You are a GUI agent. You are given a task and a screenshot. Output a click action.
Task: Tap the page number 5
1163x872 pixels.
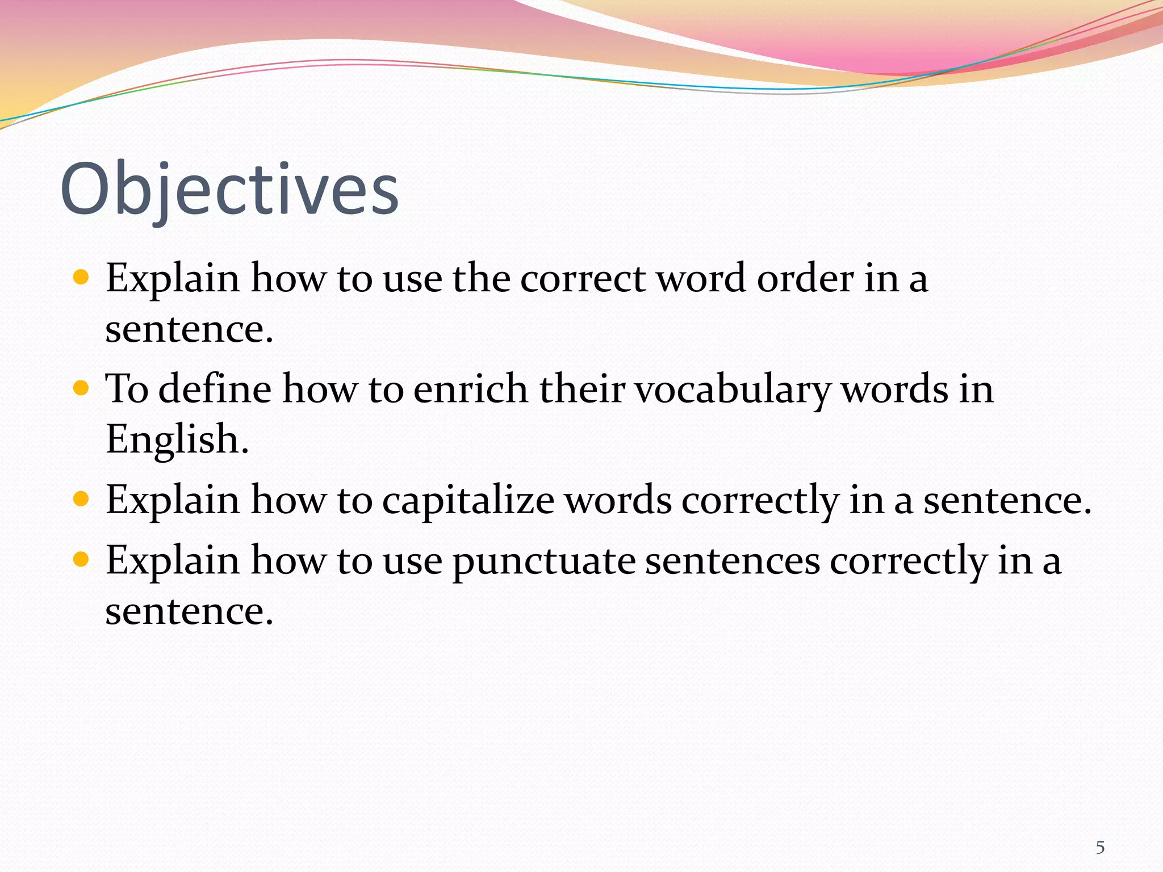(x=1100, y=848)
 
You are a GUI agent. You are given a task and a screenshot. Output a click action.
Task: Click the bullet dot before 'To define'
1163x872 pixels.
(x=81, y=388)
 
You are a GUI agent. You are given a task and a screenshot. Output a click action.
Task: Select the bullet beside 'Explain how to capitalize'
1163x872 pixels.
(x=81, y=499)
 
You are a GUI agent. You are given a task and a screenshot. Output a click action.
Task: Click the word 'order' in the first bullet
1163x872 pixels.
(x=805, y=279)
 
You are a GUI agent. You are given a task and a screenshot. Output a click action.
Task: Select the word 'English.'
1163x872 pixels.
(x=177, y=440)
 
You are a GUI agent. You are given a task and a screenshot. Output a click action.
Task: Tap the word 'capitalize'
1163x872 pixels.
(x=468, y=501)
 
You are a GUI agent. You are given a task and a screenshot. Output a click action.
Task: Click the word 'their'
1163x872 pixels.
(x=581, y=389)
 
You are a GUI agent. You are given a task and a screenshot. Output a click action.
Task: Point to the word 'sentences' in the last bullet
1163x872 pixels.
(x=732, y=561)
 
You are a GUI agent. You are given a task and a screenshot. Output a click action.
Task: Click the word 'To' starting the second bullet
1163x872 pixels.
(x=127, y=389)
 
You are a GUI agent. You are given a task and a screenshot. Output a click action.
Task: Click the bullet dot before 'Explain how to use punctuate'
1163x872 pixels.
(x=81, y=560)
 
